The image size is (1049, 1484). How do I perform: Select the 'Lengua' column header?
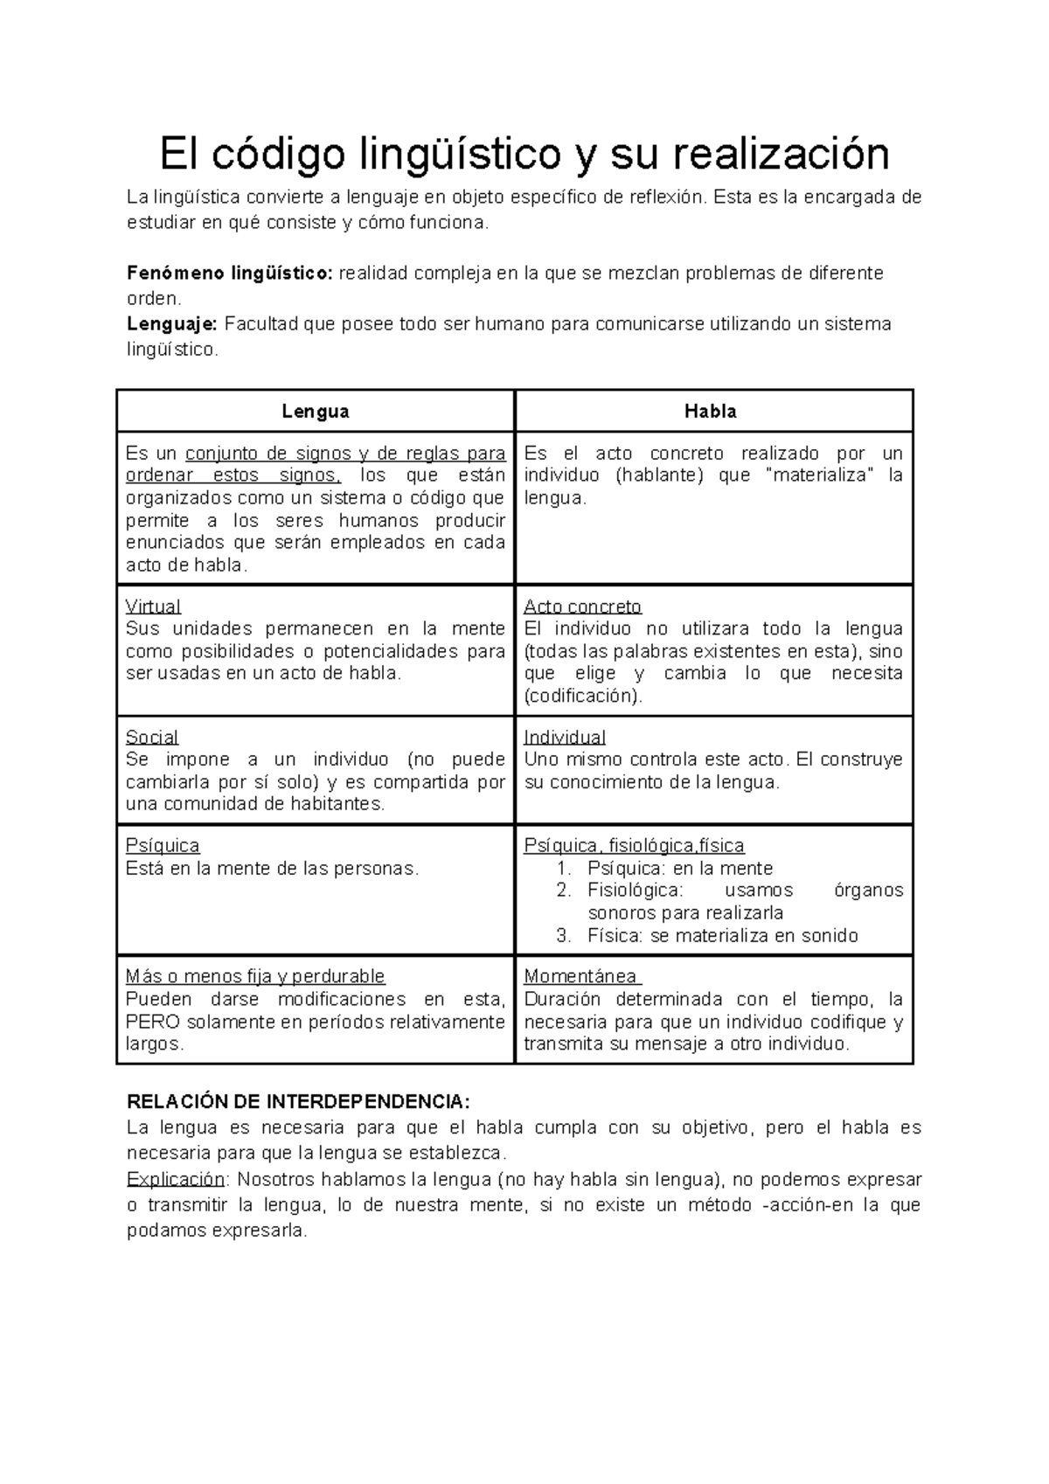click(316, 411)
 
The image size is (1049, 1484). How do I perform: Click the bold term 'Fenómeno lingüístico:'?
click(230, 273)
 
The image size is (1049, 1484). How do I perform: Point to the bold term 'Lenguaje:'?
click(172, 324)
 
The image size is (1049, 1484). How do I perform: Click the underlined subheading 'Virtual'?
click(153, 607)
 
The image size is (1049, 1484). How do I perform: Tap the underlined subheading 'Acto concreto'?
click(582, 607)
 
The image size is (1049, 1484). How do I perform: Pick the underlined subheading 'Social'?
click(152, 737)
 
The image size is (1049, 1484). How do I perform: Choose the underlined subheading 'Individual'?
click(565, 737)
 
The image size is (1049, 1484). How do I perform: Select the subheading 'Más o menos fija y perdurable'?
click(255, 976)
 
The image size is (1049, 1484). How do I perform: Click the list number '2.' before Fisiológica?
click(564, 891)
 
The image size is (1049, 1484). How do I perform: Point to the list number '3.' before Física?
click(564, 935)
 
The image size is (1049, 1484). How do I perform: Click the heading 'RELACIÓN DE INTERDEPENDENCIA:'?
click(298, 1101)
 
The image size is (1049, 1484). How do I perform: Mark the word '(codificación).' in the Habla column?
click(583, 696)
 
